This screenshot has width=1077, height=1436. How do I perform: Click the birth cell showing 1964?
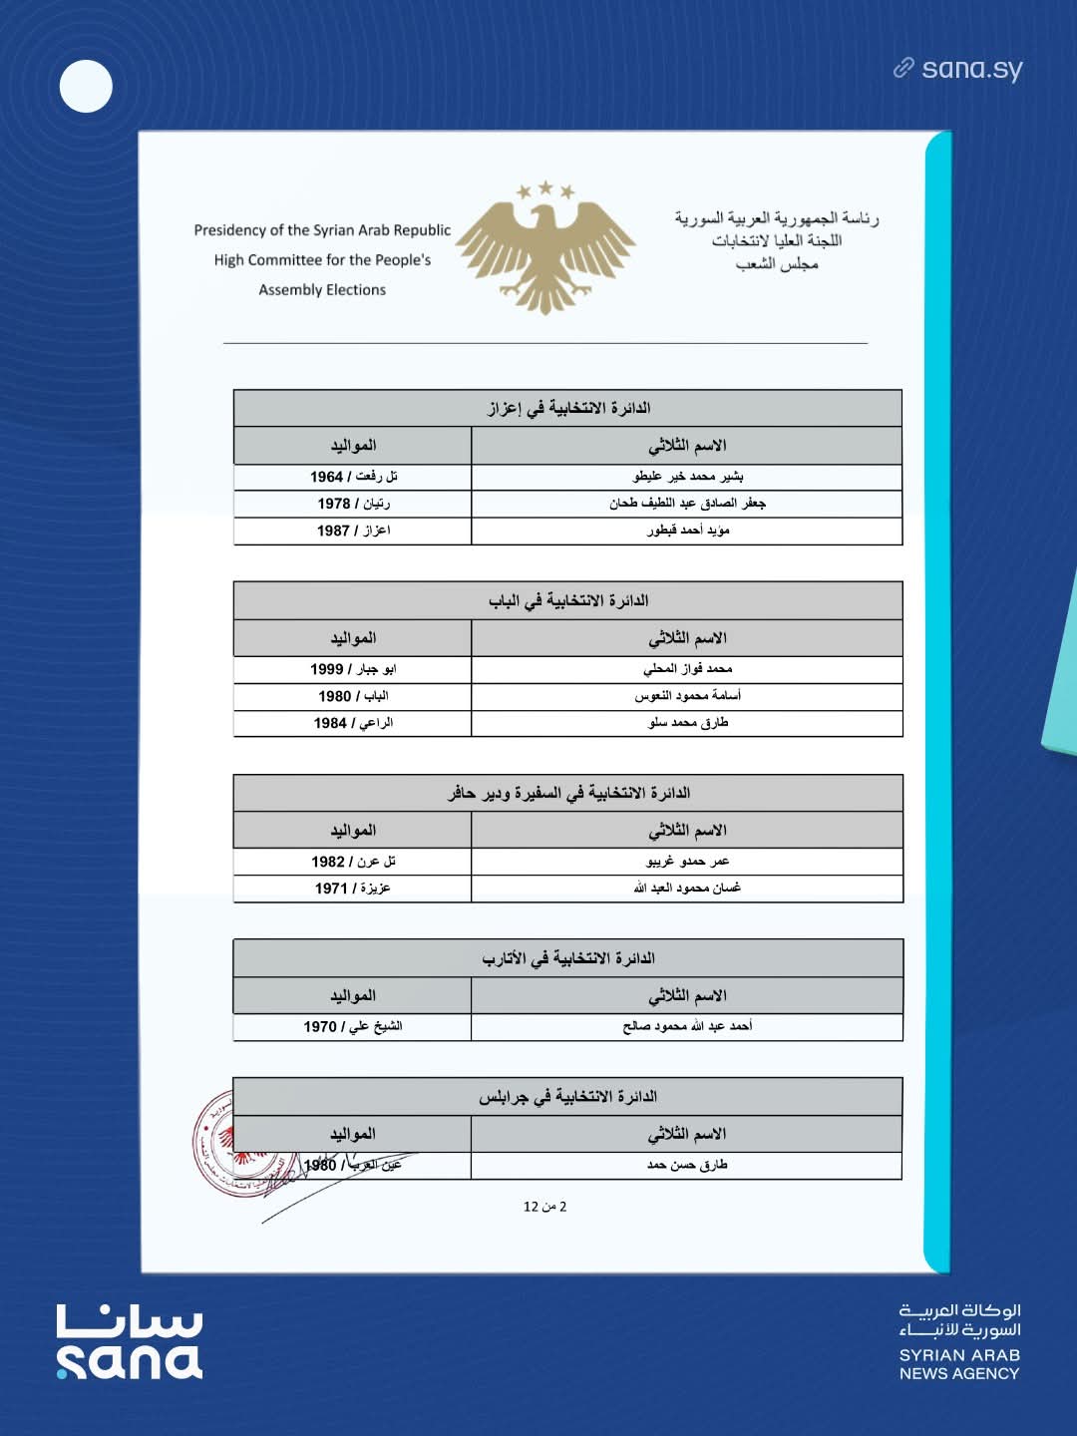pos(353,477)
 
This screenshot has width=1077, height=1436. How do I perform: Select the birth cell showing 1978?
pos(353,504)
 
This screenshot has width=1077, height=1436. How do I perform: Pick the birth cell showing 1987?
pos(353,531)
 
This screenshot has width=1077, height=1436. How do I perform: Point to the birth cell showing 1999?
pos(353,669)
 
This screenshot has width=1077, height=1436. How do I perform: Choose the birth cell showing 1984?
pos(353,723)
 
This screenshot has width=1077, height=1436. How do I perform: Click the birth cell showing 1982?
pos(353,862)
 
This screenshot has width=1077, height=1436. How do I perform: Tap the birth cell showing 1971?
pos(353,889)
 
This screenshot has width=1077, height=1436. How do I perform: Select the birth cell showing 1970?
pos(353,1026)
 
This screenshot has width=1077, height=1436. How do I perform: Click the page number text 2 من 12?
pos(544,1207)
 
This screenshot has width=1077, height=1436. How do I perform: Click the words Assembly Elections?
pos(322,290)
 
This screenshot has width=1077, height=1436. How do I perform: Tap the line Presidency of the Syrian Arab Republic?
pos(322,230)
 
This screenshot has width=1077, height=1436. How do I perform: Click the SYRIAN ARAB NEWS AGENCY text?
pos(959,1364)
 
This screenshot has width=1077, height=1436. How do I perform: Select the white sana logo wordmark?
pos(130,1342)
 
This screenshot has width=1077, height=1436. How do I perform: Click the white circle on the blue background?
pos(86,86)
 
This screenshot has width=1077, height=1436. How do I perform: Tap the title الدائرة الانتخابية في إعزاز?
pos(568,408)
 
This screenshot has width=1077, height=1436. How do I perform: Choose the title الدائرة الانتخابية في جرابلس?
pos(567,1097)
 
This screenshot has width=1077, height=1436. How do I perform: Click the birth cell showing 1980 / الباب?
pos(353,696)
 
